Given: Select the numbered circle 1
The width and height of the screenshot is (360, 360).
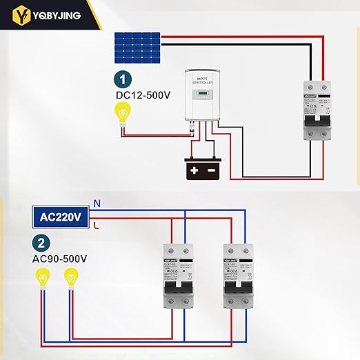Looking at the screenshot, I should tap(122, 79).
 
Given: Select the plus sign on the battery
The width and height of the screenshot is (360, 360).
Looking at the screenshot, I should tap(195, 170).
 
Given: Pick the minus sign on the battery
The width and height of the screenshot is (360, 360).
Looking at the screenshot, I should tap(212, 170).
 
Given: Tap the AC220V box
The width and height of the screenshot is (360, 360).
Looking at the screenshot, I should tap(61, 217).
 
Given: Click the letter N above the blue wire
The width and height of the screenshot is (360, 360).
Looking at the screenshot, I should tap(97, 203).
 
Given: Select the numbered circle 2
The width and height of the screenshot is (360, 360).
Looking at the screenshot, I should tap(42, 243).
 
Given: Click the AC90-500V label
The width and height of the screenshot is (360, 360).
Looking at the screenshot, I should tap(59, 259).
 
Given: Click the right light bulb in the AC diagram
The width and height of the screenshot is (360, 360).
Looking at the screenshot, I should tap(70, 280).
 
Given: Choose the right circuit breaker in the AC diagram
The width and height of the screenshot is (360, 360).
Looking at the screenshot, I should tap(237, 276).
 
